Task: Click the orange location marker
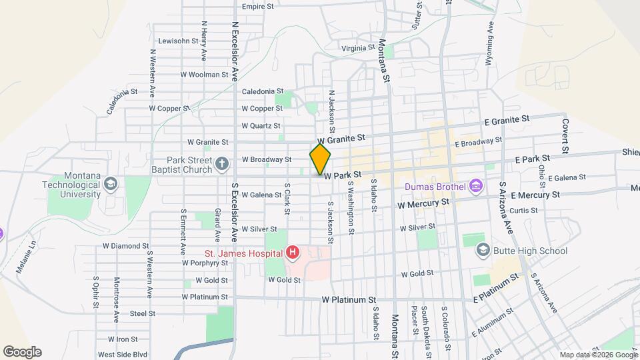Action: coord(320,159)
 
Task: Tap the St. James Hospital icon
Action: coord(292,253)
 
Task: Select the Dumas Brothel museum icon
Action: coord(475,185)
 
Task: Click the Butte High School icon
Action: coord(483,251)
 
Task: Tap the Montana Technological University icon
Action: coord(111,183)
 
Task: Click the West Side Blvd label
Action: coord(122,355)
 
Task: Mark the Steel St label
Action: coord(142,313)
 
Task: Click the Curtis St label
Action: coord(523,211)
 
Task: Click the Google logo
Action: coord(22,352)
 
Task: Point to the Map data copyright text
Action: coord(597,355)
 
